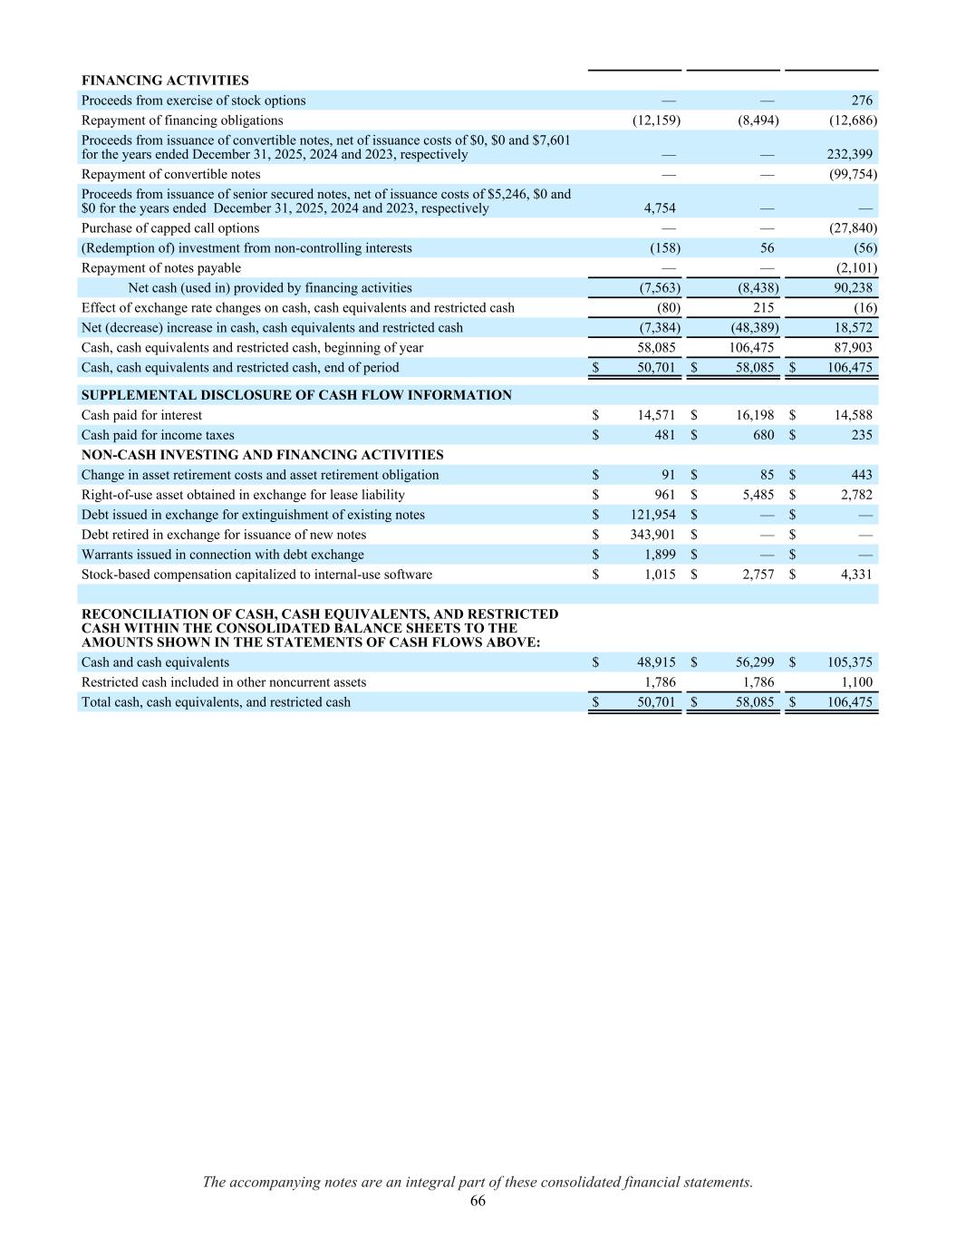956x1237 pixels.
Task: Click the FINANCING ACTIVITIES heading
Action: point(165,81)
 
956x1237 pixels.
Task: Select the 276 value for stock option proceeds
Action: point(862,101)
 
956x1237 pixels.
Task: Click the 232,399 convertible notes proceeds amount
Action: point(850,154)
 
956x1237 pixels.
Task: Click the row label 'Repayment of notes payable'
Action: point(161,268)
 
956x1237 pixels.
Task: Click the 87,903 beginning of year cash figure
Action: point(854,348)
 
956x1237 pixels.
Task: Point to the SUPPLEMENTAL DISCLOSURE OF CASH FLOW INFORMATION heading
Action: point(296,395)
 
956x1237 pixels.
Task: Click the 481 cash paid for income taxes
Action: point(663,435)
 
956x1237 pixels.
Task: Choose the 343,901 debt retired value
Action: point(652,535)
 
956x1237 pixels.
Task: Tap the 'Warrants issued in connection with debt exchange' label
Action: point(223,555)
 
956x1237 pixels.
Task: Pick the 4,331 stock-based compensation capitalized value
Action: point(856,575)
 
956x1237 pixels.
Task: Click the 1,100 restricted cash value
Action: point(858,682)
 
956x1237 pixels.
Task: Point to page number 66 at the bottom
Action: point(478,1201)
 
